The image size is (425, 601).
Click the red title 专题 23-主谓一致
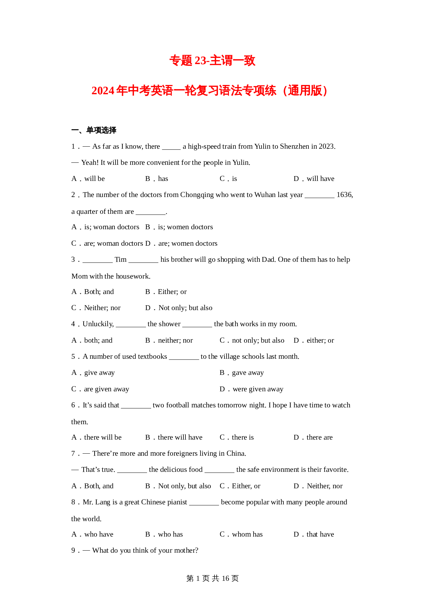(x=212, y=61)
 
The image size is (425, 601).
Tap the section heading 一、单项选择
(x=94, y=130)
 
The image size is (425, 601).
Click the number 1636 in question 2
(x=344, y=195)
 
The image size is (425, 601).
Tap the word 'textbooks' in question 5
(x=151, y=357)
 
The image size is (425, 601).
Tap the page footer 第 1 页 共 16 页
(x=212, y=578)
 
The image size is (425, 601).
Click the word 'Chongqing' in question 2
(x=197, y=195)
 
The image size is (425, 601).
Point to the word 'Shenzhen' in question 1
(x=295, y=147)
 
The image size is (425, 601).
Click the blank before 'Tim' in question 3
(x=97, y=260)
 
